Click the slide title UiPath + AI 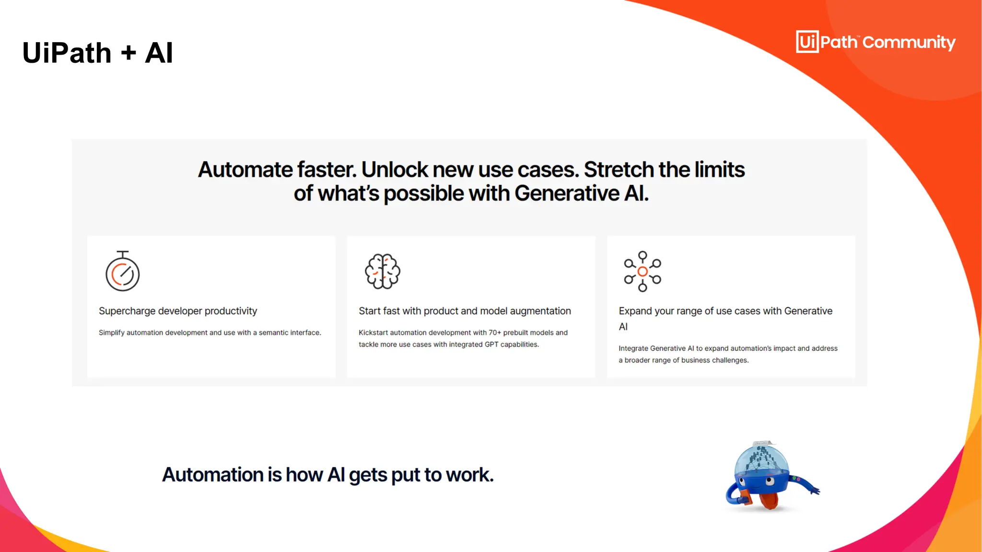click(97, 53)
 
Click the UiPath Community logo click(876, 42)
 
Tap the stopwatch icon click(123, 272)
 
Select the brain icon click(382, 271)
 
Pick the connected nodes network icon click(643, 271)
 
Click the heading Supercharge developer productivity click(178, 311)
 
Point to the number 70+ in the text click(495, 333)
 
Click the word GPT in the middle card click(491, 345)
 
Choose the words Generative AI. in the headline click(581, 194)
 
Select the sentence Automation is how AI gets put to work click(327, 475)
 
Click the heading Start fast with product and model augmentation click(465, 311)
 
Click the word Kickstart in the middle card click(373, 333)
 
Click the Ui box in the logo click(807, 42)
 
